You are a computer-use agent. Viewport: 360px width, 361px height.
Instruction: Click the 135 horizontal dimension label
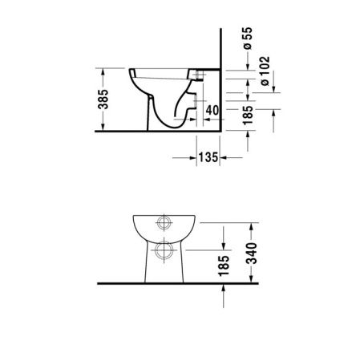coord(208,158)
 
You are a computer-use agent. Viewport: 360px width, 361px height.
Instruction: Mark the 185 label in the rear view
coord(223,266)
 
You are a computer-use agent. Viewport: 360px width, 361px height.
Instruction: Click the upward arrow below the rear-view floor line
coord(223,291)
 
